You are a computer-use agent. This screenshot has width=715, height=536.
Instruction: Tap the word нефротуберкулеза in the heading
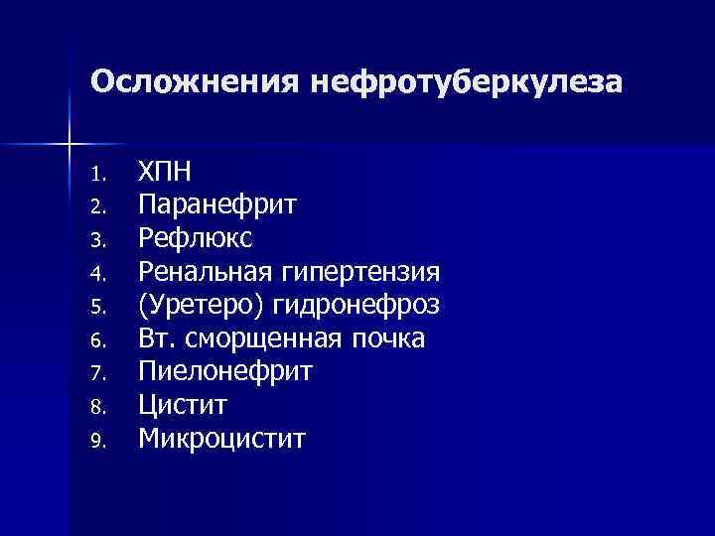coord(466,82)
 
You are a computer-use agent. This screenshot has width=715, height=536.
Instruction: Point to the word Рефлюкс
coord(196,239)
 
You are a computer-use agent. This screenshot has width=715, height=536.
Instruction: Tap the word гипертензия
coord(361,272)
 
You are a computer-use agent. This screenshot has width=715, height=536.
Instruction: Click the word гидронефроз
coord(356,306)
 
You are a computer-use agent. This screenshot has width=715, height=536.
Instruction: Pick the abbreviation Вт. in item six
coord(158,339)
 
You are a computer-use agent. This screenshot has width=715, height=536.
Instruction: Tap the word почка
coord(391,339)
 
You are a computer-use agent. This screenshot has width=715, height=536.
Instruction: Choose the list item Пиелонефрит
coord(225,373)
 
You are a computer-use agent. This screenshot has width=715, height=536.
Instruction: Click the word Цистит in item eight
coord(184,406)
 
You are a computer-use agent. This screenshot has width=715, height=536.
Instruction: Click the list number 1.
coord(95,175)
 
